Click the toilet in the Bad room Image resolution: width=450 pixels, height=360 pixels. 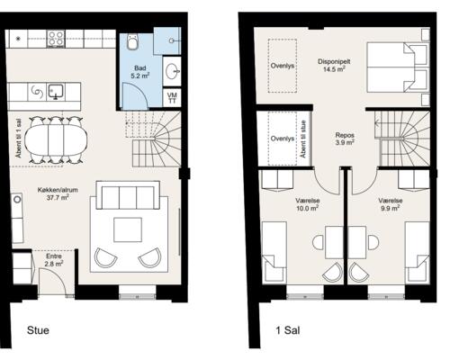point(132,42)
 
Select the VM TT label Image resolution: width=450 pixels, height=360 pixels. point(173,98)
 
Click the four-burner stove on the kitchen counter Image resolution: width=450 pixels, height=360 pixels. point(56,39)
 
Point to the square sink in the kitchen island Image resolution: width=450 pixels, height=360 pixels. point(56,92)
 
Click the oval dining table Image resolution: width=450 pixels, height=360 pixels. point(56,139)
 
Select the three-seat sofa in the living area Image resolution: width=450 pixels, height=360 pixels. point(128,194)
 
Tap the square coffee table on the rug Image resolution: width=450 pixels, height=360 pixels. point(128,229)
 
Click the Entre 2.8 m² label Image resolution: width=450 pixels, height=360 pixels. point(54,260)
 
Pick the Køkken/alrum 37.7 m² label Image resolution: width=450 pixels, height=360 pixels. point(58,193)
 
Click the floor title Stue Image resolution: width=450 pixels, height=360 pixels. point(38,330)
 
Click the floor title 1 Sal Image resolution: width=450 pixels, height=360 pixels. point(288,330)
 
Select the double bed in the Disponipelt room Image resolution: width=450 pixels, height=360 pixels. point(397,67)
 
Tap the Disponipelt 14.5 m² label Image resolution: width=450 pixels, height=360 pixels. point(334,66)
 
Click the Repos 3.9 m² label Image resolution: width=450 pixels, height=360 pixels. point(345,139)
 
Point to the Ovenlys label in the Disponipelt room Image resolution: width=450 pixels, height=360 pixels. point(283,66)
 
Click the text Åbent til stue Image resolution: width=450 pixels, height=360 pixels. point(303,139)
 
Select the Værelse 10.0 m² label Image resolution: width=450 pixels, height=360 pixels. point(308,204)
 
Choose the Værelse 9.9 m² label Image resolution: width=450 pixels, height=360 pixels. point(391,204)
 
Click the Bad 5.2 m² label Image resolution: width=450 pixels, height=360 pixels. point(140,72)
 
